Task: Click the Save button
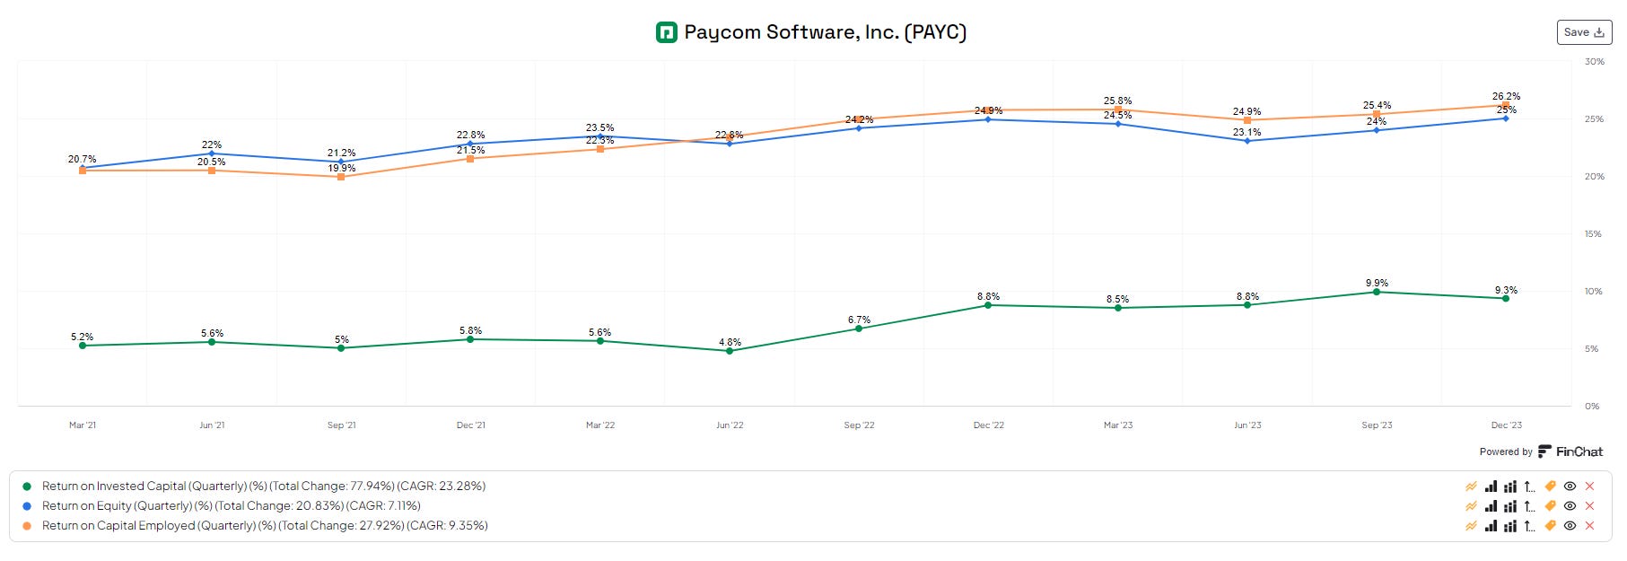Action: pos(1583,32)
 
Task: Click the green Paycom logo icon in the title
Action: pos(666,33)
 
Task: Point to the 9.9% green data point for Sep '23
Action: pos(1377,292)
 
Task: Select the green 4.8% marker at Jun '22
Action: pos(730,351)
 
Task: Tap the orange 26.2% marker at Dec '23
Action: pos(1506,105)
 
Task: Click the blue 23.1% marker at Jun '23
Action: pos(1247,141)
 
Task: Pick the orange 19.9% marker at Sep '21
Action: pos(341,177)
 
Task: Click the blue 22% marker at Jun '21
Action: pos(212,153)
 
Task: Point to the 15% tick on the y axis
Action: pos(1593,234)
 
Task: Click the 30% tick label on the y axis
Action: pos(1594,62)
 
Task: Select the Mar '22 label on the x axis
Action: pos(600,425)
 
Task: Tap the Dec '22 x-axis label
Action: pos(988,425)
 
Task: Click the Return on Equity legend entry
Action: pos(231,506)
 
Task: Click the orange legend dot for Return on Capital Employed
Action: pos(27,526)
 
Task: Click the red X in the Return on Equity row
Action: pos(1589,506)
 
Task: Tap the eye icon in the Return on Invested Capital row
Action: pos(1570,486)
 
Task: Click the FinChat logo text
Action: pos(1579,451)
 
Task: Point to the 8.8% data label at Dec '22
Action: pos(988,296)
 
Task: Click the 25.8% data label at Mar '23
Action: pos(1117,101)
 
